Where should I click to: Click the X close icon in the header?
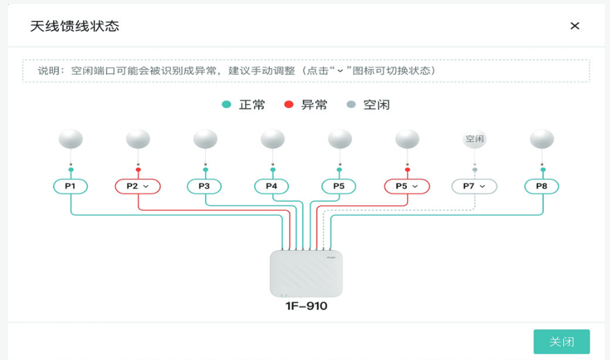click(574, 25)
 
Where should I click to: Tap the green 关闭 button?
click(561, 342)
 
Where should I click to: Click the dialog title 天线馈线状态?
click(74, 26)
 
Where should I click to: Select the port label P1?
click(70, 186)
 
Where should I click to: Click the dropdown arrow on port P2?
click(146, 187)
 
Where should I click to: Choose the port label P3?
click(204, 186)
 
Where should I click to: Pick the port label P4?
click(271, 186)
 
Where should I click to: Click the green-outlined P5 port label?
click(339, 186)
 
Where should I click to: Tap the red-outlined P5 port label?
click(407, 186)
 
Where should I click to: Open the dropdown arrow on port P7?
click(483, 187)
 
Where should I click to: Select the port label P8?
click(542, 186)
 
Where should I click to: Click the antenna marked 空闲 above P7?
click(475, 139)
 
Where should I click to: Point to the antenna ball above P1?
click(71, 139)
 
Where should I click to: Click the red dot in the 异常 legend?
click(289, 105)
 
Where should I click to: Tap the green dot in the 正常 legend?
click(227, 105)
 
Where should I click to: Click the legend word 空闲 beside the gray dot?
click(376, 105)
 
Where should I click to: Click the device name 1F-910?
click(306, 306)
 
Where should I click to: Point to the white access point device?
click(306, 274)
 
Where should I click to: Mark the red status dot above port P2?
click(138, 170)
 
